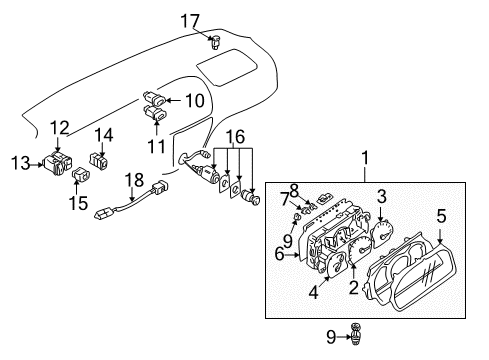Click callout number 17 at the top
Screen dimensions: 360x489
coord(217,19)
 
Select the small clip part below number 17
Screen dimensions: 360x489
coord(217,41)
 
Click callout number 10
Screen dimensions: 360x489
coord(194,100)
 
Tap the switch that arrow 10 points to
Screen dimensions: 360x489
coord(157,99)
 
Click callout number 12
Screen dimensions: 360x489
coord(60,127)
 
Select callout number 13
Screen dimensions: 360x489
coord(19,163)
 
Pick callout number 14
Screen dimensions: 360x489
coord(104,136)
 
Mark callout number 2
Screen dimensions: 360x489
coord(354,288)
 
